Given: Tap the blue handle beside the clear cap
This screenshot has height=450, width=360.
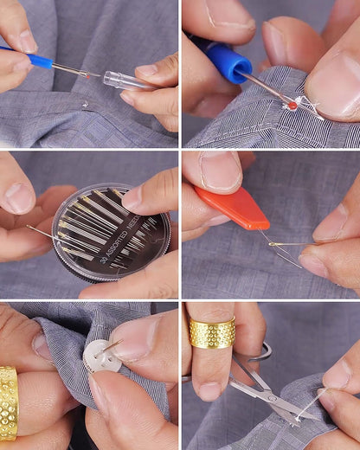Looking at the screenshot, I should coord(39,61).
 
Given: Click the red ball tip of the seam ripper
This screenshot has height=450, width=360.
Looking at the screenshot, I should coord(292,104).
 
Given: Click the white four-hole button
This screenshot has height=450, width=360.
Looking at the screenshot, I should coord(102,356).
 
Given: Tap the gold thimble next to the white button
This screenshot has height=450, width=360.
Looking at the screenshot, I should coord(9,402).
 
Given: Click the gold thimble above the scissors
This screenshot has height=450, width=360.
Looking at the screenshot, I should coord(212,332).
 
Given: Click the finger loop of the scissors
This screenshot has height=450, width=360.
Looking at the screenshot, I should coord(259,351).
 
